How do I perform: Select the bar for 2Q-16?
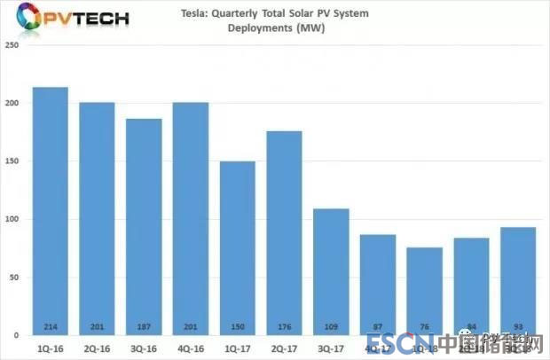(97, 218)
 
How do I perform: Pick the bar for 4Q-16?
(191, 218)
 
